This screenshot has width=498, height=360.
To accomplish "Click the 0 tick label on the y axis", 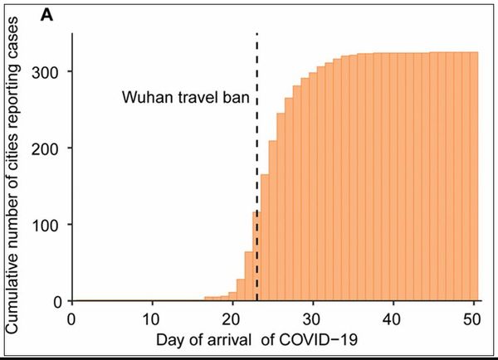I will (x=57, y=301).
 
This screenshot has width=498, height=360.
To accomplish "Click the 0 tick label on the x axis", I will (x=72, y=319).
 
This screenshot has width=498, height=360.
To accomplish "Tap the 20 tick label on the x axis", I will (x=232, y=319).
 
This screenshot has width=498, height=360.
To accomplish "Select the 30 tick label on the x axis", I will (x=313, y=319).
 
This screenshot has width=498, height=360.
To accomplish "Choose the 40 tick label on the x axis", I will (x=393, y=319).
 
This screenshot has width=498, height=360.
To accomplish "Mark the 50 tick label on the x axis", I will (x=472, y=319).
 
